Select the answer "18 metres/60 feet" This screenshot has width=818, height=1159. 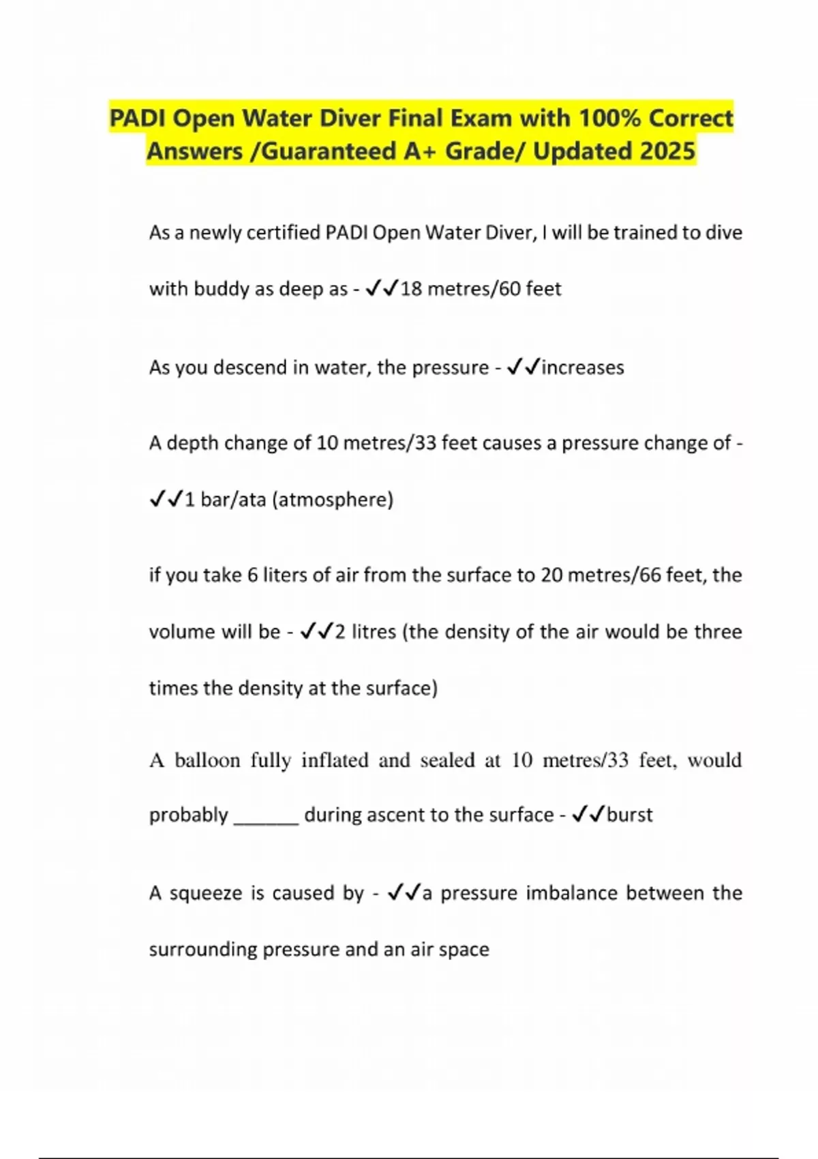481,289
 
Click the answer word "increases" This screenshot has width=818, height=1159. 583,367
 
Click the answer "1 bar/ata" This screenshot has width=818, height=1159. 225,500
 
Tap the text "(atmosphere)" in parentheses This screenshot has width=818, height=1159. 333,500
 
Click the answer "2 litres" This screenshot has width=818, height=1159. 365,632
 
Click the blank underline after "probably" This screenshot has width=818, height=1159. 266,816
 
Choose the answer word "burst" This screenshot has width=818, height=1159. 630,815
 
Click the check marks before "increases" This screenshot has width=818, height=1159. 524,367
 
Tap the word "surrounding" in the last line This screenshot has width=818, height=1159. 203,950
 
